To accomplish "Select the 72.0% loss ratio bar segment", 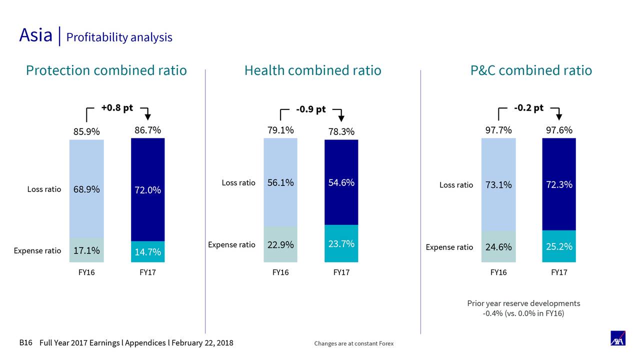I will point(147,190).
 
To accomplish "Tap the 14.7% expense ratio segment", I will point(147,252).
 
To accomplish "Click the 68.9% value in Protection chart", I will point(86,189).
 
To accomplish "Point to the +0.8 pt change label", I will point(117,108).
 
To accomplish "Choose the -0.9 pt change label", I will point(310,109).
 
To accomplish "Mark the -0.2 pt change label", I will point(528,108).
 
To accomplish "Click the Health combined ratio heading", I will point(312,70).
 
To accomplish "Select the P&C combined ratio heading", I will point(531,70).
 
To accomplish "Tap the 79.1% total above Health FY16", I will point(280,130).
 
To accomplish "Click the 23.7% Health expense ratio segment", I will point(341,243).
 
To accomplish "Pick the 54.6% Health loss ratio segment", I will point(341,182).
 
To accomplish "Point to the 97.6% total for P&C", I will point(559,130).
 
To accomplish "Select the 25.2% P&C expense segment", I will point(559,246).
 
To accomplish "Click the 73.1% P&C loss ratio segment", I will point(498,185).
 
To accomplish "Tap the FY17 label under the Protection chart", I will point(147,272).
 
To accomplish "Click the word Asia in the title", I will point(35,35).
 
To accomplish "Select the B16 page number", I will point(25,343).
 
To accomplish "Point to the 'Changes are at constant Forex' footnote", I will point(353,343).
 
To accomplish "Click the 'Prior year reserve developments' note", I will point(523,303).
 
